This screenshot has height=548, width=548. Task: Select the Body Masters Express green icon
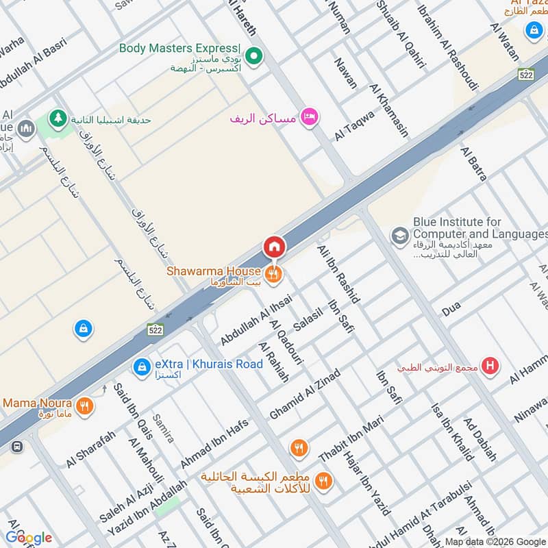tap(256, 57)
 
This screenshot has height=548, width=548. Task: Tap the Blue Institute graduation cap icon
tap(398, 236)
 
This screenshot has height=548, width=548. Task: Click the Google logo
tap(29, 538)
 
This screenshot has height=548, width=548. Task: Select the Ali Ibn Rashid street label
tap(339, 273)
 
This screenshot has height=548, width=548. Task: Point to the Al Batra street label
tap(473, 163)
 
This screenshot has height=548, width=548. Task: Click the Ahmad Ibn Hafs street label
tap(214, 444)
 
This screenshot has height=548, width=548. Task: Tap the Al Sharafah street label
tap(90, 453)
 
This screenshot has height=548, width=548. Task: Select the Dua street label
tap(451, 310)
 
